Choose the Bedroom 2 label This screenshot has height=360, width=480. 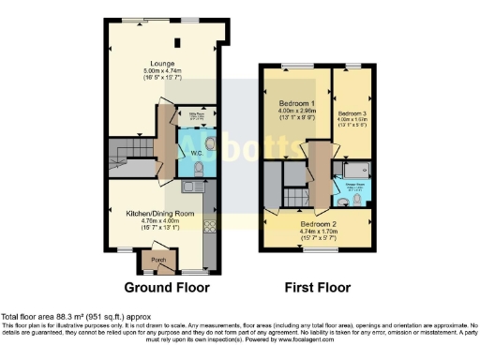tap(318, 225)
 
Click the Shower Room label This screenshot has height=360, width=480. tap(358, 183)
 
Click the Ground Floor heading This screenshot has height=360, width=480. tap(167, 287)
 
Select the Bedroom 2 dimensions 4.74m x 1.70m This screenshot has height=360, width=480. tap(318, 233)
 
